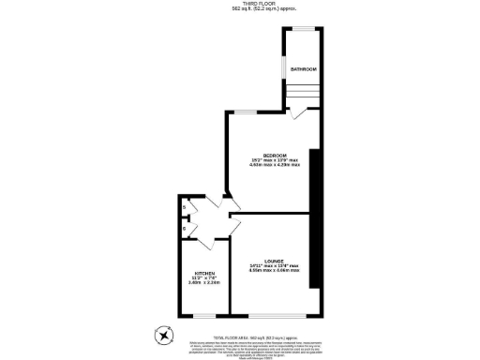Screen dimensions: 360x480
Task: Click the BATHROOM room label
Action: (x=303, y=69)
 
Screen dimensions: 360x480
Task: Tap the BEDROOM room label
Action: (x=274, y=155)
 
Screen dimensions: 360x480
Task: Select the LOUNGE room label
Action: (x=274, y=262)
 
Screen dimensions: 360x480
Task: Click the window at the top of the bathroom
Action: (x=305, y=28)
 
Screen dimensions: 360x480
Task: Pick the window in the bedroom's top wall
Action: (x=247, y=112)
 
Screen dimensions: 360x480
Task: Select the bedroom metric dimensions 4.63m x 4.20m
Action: (x=275, y=165)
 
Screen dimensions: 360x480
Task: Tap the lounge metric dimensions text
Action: (x=274, y=271)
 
